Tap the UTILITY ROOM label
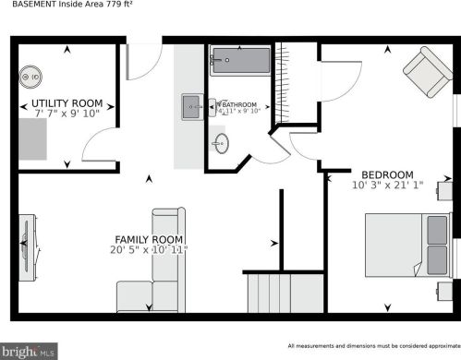pos(67,102)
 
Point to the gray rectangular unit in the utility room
pos(33,139)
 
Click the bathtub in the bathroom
pos(240,63)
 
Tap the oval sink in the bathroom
pos(222,143)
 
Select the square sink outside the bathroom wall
pos(193,106)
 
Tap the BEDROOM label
pos(388,174)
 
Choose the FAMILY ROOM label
pos(149,238)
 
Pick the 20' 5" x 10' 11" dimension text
pos(148,249)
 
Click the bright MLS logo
pos(30,351)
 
